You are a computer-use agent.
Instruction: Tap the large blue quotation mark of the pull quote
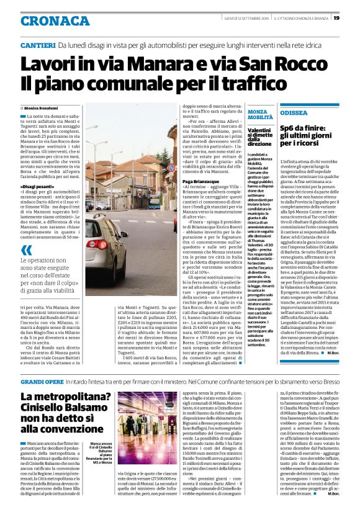(26, 250)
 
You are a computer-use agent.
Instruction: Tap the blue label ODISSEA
(294, 114)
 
